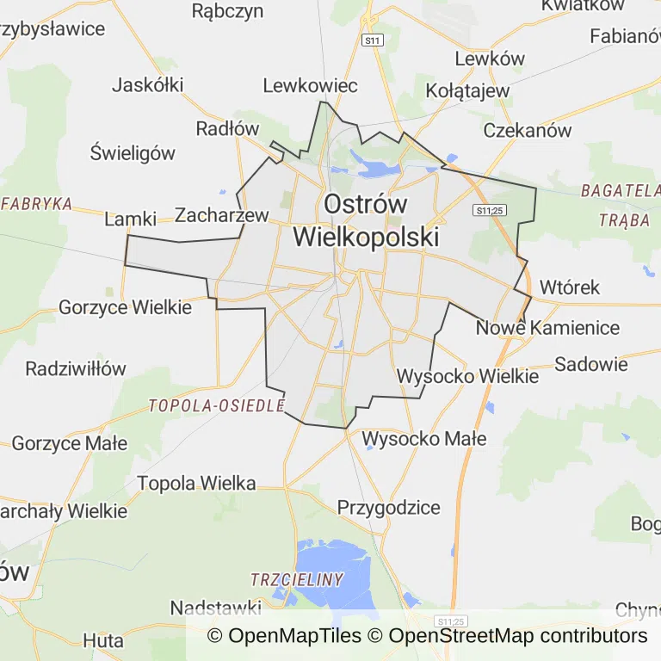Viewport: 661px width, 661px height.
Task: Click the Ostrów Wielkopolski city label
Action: click(x=366, y=220)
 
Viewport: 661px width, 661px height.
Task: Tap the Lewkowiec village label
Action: click(x=310, y=85)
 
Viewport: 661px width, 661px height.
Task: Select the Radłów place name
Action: click(x=227, y=128)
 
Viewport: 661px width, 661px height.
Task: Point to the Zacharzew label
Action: click(x=222, y=215)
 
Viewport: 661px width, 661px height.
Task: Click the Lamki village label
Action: click(x=130, y=219)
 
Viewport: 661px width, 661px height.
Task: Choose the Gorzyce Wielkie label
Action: click(x=126, y=306)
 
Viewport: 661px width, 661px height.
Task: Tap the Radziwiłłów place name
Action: click(x=76, y=368)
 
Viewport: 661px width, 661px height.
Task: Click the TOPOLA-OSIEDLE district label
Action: click(x=216, y=405)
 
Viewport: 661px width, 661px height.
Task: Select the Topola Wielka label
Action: click(x=196, y=484)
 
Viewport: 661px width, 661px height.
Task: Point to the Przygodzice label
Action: click(x=388, y=507)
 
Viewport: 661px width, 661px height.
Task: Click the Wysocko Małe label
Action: click(x=424, y=439)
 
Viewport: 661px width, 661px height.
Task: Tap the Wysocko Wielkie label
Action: click(x=467, y=376)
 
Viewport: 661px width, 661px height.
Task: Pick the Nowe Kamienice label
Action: click(x=547, y=328)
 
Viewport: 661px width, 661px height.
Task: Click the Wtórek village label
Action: click(x=569, y=287)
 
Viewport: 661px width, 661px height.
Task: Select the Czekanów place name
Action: click(x=528, y=131)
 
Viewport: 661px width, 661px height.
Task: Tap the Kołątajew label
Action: click(x=468, y=90)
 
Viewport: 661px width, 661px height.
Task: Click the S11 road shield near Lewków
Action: click(x=372, y=40)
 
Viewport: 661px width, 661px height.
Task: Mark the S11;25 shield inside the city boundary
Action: click(x=489, y=209)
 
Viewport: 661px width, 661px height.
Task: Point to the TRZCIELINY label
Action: click(x=297, y=579)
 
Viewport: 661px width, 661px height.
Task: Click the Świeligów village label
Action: click(x=133, y=153)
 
